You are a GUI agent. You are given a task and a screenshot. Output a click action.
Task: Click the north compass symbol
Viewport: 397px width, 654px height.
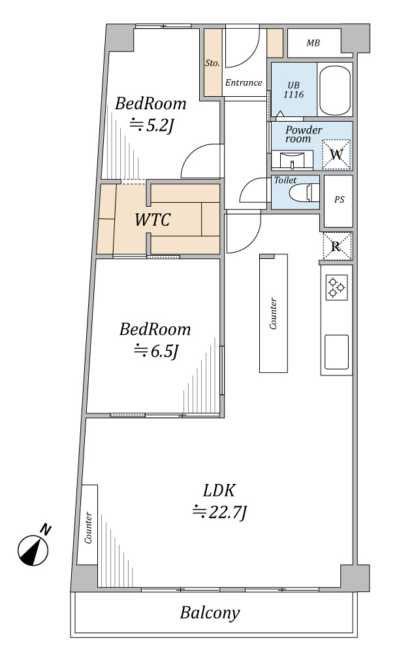click(x=33, y=549)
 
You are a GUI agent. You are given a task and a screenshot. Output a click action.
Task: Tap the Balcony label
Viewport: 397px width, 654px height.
click(x=210, y=613)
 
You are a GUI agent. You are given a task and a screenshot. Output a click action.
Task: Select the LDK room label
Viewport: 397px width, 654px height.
click(x=219, y=490)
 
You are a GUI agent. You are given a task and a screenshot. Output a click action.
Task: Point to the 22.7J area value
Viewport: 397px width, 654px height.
click(x=220, y=512)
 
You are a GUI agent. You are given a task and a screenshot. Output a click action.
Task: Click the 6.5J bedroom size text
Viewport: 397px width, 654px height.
click(x=156, y=351)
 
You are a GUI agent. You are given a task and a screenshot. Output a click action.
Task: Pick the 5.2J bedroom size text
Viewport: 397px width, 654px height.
click(x=151, y=125)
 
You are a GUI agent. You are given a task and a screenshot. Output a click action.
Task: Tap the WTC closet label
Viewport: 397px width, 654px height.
click(x=153, y=219)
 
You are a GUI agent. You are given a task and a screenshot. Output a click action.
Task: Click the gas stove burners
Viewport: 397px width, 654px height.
click(x=336, y=287)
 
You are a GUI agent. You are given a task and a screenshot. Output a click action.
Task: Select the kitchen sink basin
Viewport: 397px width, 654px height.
click(x=336, y=352)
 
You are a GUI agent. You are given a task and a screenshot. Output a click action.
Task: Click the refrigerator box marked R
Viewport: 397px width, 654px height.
click(x=337, y=246)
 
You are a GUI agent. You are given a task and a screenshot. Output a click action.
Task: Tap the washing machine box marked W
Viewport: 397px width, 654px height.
click(x=336, y=154)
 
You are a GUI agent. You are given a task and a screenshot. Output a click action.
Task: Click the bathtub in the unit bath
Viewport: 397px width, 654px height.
click(x=334, y=90)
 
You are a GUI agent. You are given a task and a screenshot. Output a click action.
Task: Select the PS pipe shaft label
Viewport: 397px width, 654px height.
click(x=340, y=199)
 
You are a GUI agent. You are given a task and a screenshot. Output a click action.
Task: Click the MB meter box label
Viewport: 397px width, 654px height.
click(x=313, y=43)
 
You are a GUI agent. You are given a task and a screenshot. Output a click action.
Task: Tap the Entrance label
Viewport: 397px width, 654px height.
click(x=244, y=82)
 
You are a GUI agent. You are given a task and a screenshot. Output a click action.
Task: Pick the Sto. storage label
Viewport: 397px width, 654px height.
click(x=212, y=63)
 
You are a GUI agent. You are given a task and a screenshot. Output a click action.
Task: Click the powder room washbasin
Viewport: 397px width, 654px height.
click(x=293, y=160)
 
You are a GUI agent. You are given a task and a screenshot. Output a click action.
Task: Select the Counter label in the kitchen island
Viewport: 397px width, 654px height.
click(x=274, y=313)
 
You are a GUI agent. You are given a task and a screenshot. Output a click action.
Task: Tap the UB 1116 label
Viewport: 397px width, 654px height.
click(x=294, y=90)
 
